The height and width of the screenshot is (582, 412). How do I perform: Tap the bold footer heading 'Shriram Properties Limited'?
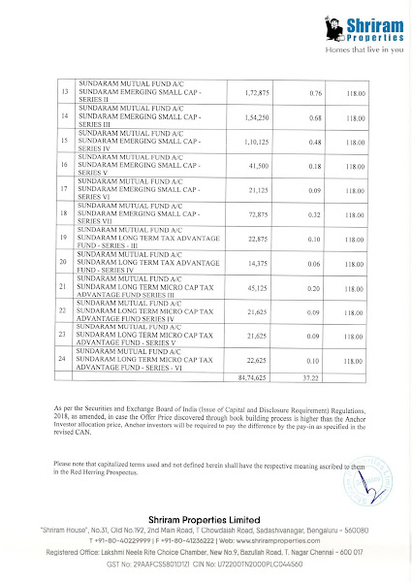[206, 521]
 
